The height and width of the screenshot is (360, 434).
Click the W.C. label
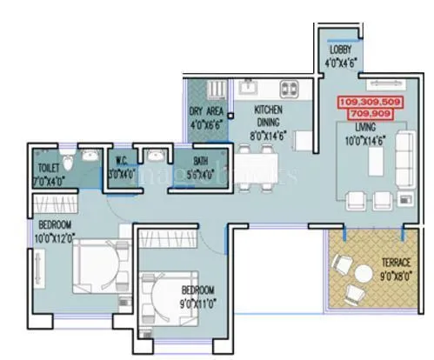[122, 161]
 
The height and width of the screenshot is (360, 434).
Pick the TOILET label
[49, 167]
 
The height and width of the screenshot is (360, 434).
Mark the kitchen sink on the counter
[248, 89]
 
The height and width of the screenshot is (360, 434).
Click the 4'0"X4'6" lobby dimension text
[340, 62]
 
